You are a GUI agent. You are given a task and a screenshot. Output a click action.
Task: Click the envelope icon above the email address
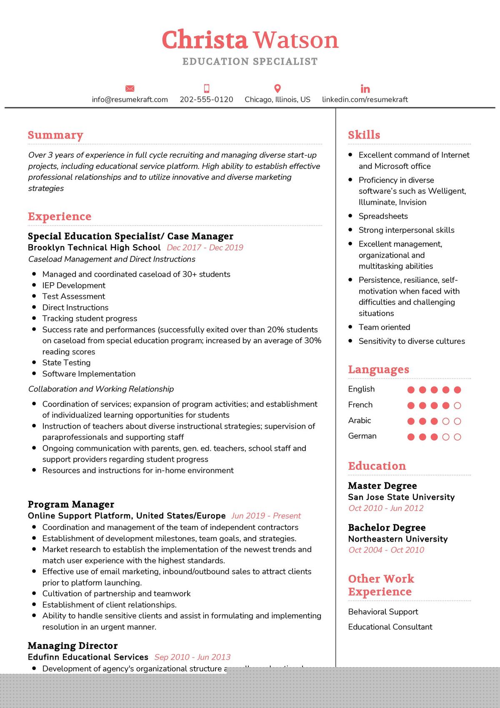[130, 88]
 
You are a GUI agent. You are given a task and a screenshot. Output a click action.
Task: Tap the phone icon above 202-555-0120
[206, 88]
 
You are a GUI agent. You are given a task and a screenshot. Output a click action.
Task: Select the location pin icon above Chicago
[277, 88]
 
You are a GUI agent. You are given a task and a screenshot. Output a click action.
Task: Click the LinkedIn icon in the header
[365, 89]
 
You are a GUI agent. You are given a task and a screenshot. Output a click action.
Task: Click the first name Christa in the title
[205, 40]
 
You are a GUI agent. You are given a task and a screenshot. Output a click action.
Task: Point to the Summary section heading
[55, 135]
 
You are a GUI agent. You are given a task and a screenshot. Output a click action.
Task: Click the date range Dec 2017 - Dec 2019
[205, 248]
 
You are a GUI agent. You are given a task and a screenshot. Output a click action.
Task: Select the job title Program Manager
[71, 505]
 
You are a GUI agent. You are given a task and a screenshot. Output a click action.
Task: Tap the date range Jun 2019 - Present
[266, 516]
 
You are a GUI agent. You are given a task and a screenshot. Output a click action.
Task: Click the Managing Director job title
[72, 646]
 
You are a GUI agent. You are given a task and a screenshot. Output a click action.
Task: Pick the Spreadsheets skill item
[383, 216]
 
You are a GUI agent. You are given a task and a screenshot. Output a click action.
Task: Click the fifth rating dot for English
[457, 390]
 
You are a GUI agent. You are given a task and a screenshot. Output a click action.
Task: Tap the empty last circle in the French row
[457, 405]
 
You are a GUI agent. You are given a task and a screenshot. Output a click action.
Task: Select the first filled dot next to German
[411, 437]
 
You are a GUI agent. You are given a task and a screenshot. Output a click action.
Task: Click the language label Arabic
[359, 420]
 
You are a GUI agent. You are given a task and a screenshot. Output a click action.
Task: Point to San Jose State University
[401, 497]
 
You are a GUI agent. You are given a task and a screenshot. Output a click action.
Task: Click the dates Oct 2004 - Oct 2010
[386, 550]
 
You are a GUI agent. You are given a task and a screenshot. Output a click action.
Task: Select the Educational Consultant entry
[390, 627]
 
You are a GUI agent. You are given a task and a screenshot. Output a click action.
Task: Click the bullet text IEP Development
[74, 285]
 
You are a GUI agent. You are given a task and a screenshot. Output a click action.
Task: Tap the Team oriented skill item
[384, 327]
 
